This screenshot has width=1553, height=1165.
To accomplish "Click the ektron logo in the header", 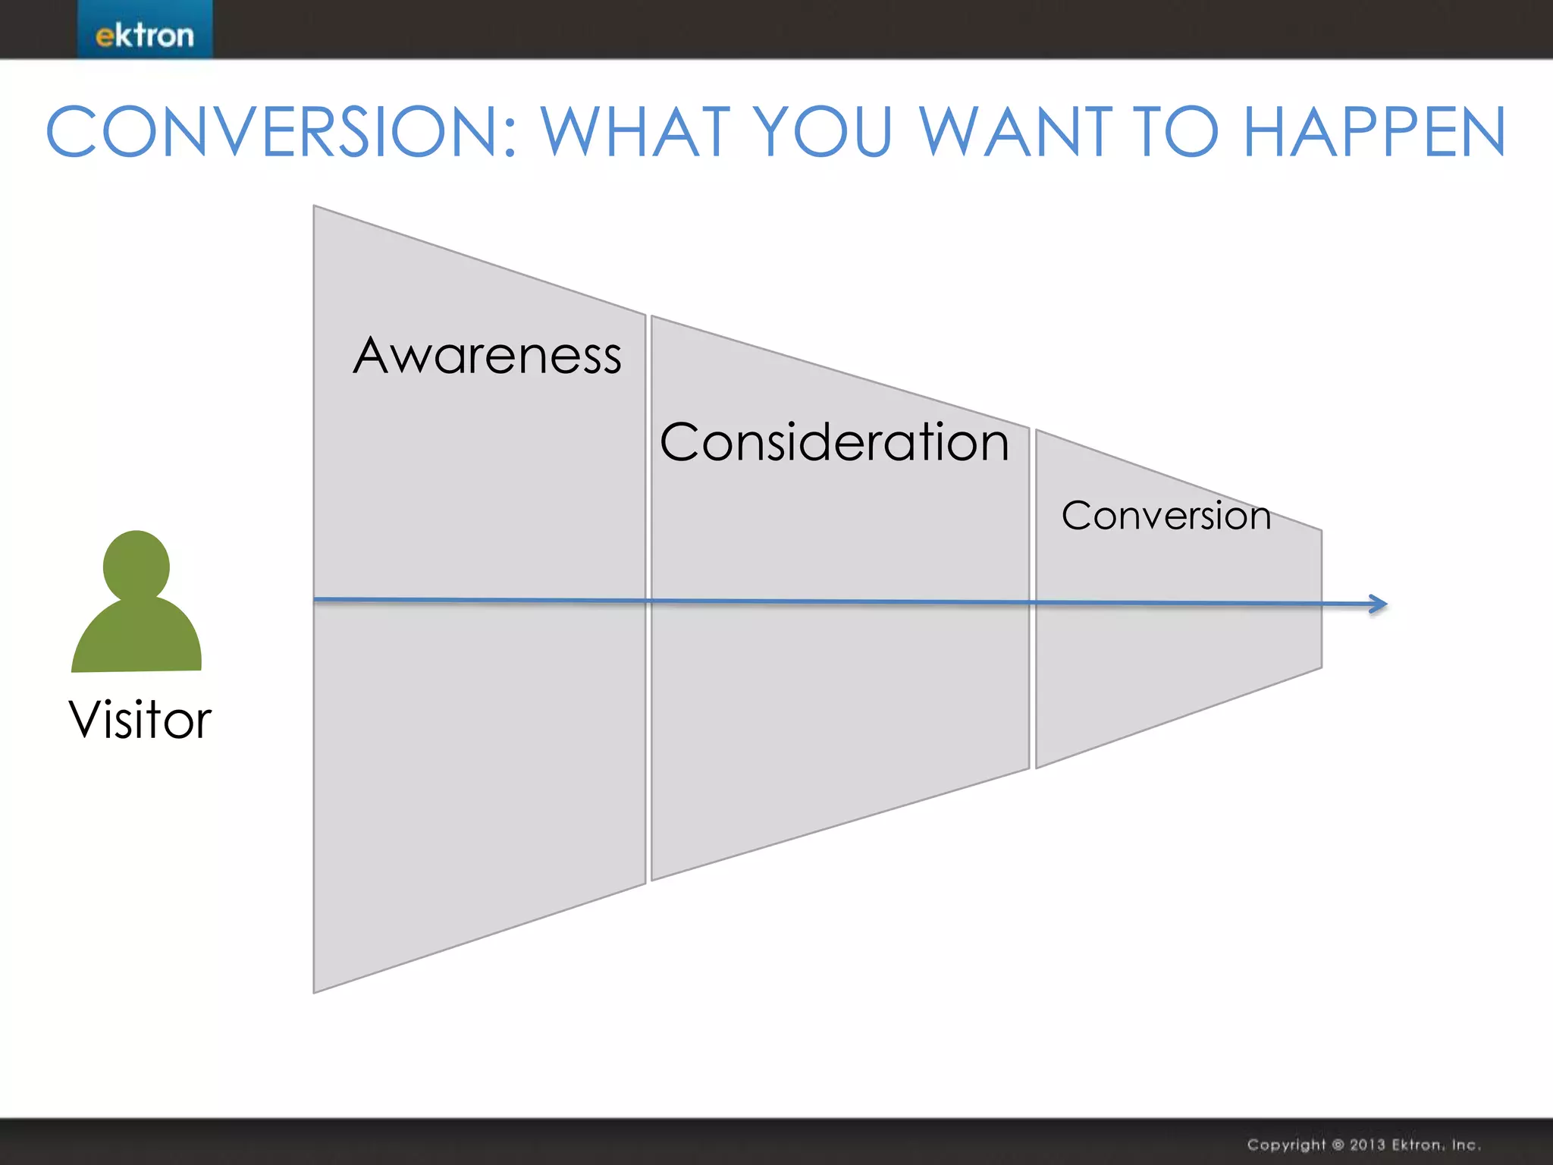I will [x=145, y=35].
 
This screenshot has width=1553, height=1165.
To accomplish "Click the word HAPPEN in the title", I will [x=1374, y=133].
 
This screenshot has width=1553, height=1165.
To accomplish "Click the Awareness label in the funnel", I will [x=487, y=356].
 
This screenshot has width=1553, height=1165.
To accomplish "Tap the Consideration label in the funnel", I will [x=834, y=442].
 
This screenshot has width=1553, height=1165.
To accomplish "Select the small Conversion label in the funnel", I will [x=1166, y=517].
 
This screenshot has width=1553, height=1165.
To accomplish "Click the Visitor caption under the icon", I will [x=140, y=720].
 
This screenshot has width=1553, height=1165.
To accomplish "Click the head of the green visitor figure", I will [x=136, y=565].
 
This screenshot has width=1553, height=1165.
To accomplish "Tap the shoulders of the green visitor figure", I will [x=136, y=641].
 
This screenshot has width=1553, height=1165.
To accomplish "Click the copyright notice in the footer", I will [x=1363, y=1145].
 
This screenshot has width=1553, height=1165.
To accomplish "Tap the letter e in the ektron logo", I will [x=104, y=36].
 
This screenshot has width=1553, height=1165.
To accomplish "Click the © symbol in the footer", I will [x=1338, y=1145].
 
